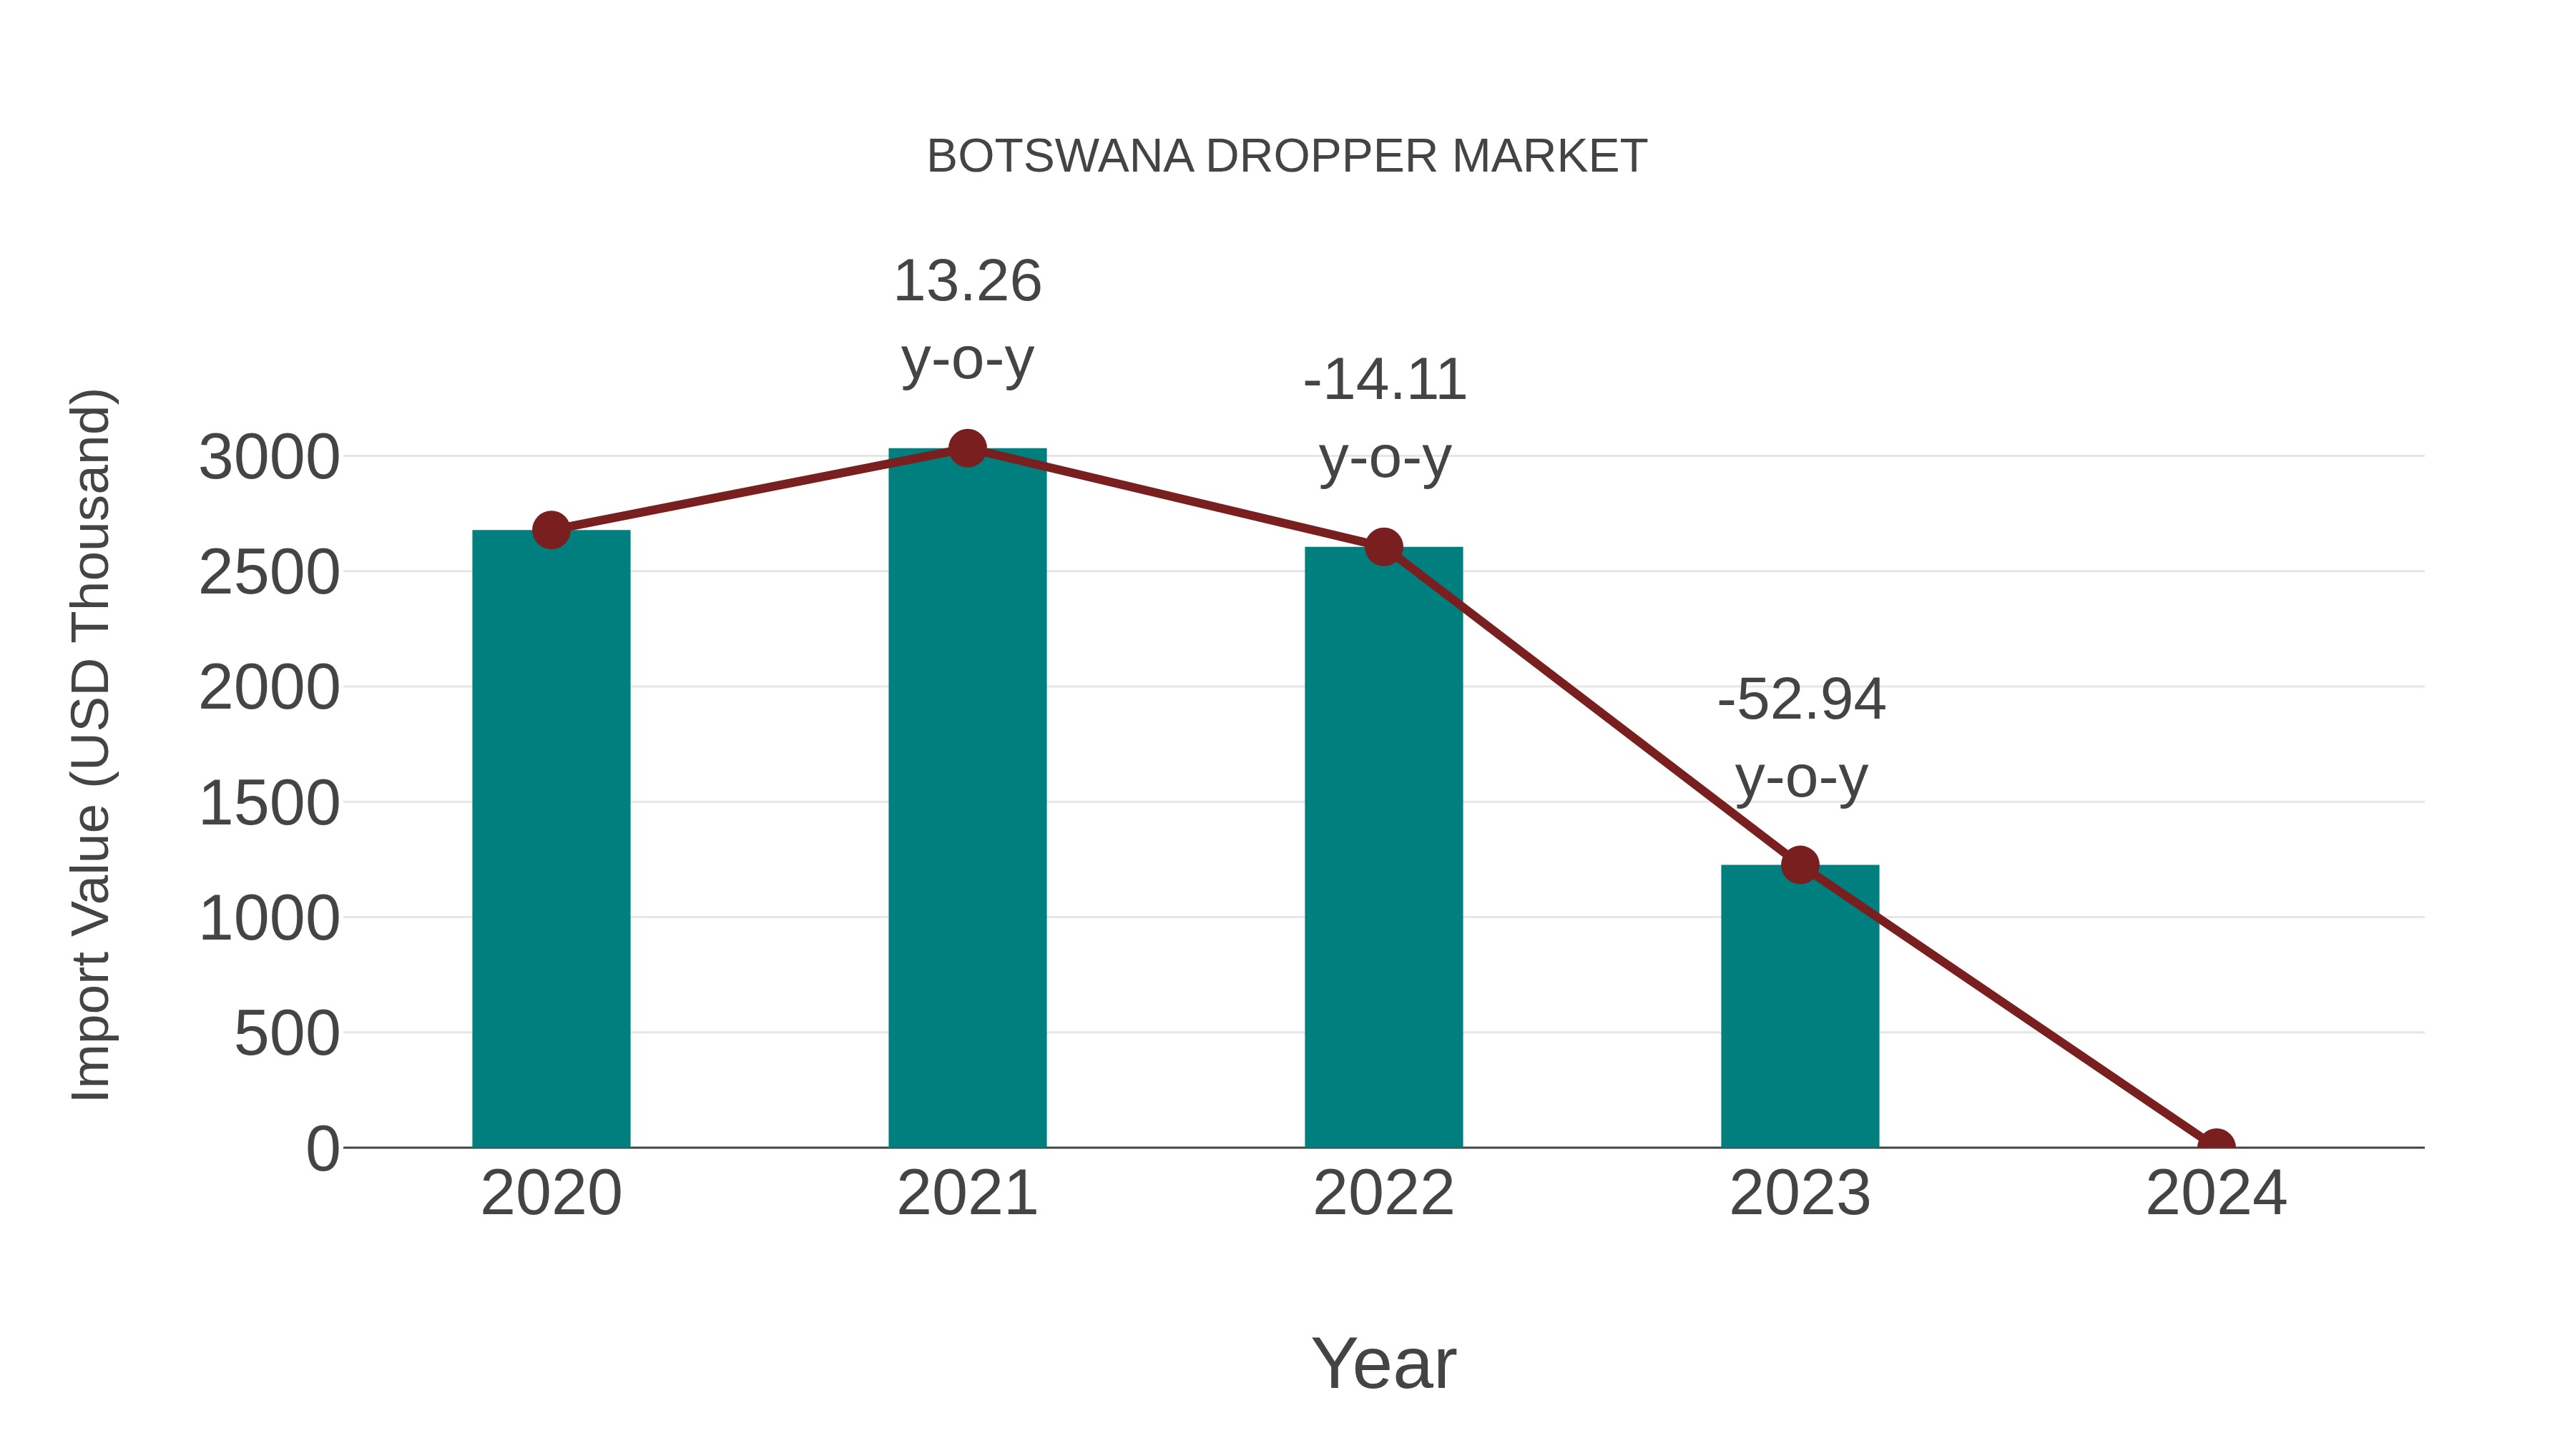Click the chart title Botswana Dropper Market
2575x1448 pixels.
[1287, 157]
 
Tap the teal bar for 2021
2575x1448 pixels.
[966, 799]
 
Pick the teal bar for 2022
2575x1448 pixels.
[1383, 849]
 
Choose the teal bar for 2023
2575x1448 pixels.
[1800, 1009]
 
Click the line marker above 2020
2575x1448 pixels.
[551, 530]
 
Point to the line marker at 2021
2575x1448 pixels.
[966, 448]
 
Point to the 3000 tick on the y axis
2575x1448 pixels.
[269, 458]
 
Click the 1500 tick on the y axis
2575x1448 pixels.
[269, 804]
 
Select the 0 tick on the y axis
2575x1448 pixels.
[322, 1149]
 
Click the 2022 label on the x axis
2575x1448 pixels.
[1383, 1193]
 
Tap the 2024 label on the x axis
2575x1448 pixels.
[2215, 1193]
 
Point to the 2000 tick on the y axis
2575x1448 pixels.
[269, 689]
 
